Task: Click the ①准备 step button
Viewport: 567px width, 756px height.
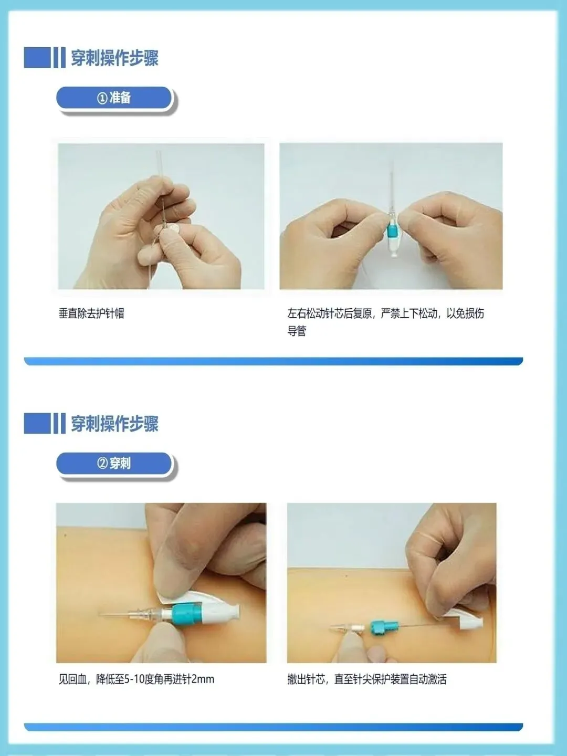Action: point(114,98)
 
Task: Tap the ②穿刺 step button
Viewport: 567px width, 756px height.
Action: point(114,463)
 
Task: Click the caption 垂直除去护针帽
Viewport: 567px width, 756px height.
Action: point(91,313)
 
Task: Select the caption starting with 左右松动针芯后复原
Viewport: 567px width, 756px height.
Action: point(385,322)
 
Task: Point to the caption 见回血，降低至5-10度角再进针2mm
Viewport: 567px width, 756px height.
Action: point(136,679)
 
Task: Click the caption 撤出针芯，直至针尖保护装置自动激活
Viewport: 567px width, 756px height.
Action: point(367,679)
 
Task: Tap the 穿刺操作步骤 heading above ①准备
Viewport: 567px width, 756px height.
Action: point(114,58)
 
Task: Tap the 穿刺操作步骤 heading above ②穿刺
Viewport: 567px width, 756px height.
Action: point(114,424)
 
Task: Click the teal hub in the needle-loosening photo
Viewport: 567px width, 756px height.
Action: point(392,230)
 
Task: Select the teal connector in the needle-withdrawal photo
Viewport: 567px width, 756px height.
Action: point(384,627)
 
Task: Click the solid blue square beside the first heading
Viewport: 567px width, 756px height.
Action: point(37,58)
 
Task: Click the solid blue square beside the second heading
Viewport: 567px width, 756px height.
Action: point(37,423)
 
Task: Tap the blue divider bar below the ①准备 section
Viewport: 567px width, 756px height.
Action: point(274,361)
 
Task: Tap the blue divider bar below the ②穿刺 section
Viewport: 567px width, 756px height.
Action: point(274,727)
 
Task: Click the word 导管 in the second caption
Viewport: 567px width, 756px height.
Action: point(297,331)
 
